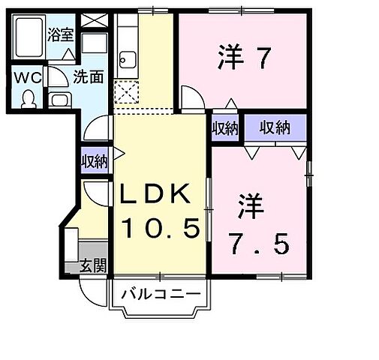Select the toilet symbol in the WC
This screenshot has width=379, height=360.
point(29,98)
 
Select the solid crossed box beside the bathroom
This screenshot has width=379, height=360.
point(94,21)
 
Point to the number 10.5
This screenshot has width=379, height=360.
point(160,228)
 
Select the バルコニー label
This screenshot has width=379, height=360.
point(159,292)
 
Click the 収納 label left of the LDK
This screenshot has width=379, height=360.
point(95,160)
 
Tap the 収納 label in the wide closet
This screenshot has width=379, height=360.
point(274,128)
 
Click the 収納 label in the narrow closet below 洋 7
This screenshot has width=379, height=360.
point(224,127)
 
